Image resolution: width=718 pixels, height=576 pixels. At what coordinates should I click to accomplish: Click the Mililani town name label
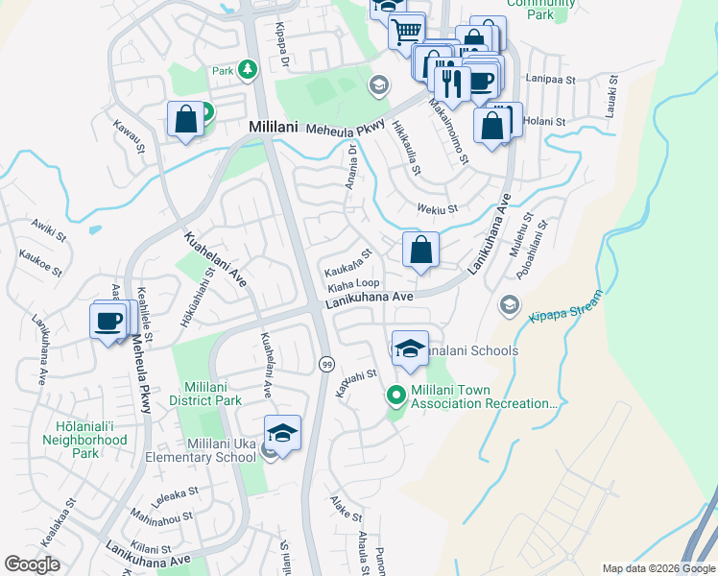point(275,127)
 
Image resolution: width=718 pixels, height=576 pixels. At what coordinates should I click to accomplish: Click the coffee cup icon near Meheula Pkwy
point(109,320)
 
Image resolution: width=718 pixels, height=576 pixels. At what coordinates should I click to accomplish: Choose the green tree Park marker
point(249,70)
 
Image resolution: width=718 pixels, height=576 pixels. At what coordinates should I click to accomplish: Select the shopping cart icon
point(406,30)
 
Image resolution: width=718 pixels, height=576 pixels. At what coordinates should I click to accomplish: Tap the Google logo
point(32,564)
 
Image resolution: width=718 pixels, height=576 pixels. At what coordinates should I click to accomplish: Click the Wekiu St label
point(438,207)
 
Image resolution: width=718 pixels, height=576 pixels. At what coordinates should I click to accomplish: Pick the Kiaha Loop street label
point(353,284)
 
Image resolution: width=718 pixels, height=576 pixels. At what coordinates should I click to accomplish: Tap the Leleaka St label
point(174,493)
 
